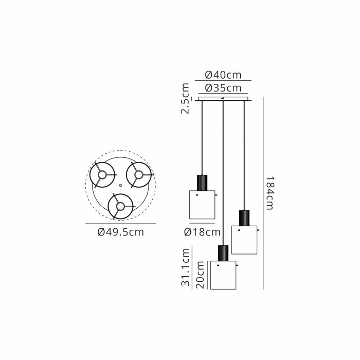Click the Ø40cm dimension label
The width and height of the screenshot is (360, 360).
(223, 75)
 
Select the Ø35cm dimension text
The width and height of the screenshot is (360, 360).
(223, 88)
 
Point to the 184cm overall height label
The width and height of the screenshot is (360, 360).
(270, 193)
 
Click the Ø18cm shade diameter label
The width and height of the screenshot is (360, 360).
(202, 232)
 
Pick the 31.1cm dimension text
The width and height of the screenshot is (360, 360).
(186, 267)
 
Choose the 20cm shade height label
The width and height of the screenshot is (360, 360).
(200, 275)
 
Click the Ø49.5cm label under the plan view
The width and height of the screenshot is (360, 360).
(120, 232)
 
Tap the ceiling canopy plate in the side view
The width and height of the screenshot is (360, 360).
(223, 99)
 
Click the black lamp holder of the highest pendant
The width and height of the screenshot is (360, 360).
(202, 183)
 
